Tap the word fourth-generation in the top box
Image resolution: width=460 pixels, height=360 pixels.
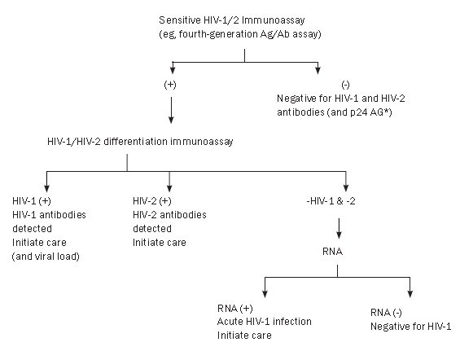tap(218, 34)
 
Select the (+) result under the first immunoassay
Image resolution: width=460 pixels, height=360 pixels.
tap(170, 85)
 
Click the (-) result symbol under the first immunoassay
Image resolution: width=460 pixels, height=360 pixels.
tap(345, 85)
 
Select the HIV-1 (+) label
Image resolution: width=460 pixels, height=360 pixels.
tap(32, 201)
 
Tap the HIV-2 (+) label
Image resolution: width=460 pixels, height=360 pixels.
tap(152, 201)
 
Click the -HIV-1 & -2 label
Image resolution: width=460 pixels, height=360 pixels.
tap(331, 201)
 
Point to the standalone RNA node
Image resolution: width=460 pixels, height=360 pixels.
tap(332, 252)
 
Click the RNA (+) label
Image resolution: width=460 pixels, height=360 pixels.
tap(235, 309)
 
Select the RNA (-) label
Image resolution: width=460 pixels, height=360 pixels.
tap(386, 313)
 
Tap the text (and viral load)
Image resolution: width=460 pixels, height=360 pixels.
tap(46, 257)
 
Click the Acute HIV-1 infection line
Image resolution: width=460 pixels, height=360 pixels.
tap(265, 322)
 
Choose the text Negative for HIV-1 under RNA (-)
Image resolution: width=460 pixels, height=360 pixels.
tap(410, 327)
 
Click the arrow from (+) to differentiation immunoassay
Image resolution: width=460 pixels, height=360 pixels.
tap(171, 110)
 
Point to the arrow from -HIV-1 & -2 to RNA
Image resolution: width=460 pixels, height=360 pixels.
tap(339, 228)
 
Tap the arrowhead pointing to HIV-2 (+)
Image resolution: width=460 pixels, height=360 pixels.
tap(169, 189)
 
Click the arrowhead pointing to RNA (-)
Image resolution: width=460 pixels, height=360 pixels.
tap(410, 294)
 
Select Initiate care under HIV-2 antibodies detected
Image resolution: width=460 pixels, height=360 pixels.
tap(160, 243)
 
